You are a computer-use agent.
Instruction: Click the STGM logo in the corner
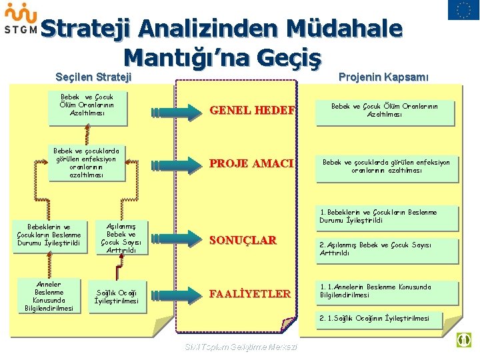20,19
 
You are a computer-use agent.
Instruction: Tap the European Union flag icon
459,10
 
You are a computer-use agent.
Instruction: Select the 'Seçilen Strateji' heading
93,77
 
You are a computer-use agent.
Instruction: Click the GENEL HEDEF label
252,111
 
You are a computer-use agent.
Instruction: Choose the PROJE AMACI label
252,163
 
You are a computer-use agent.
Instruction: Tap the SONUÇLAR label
243,241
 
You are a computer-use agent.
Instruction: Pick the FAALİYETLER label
250,293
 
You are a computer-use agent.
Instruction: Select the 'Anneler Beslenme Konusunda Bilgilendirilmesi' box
49,295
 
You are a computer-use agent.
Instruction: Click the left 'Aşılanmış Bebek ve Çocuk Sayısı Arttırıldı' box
121,239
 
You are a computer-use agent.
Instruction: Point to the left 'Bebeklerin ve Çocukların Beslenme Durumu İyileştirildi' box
49,235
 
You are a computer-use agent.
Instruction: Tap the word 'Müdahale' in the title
344,29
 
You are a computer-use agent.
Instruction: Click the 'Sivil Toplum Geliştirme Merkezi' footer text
241,347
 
